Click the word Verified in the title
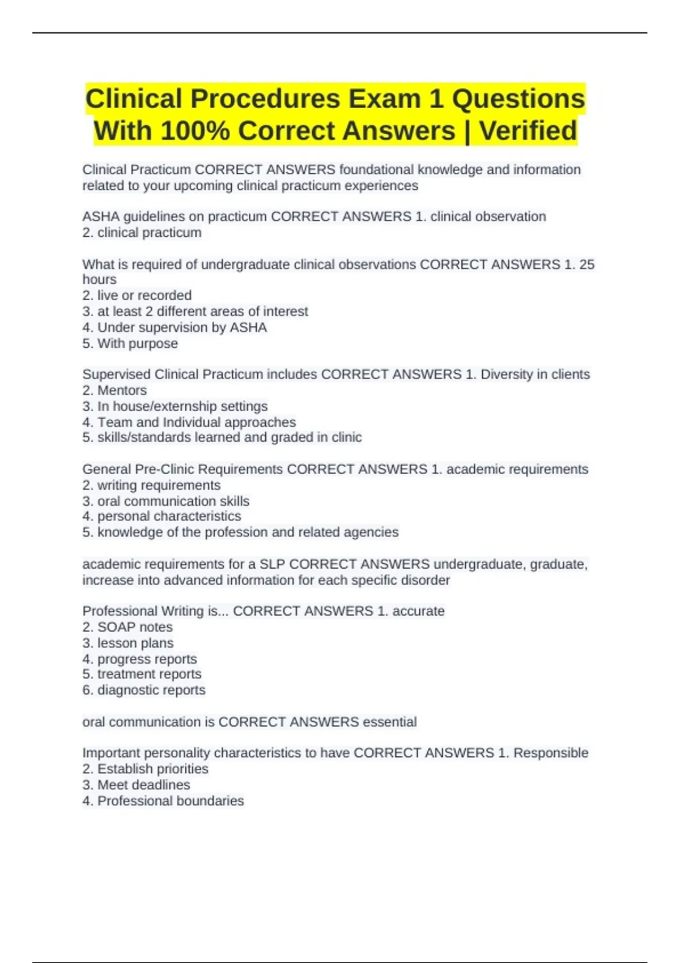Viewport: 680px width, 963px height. point(528,131)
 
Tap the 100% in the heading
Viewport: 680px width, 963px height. point(195,131)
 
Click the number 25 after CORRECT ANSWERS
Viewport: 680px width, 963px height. point(586,265)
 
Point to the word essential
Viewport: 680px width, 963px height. point(389,722)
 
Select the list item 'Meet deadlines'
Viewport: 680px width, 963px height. point(143,785)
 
